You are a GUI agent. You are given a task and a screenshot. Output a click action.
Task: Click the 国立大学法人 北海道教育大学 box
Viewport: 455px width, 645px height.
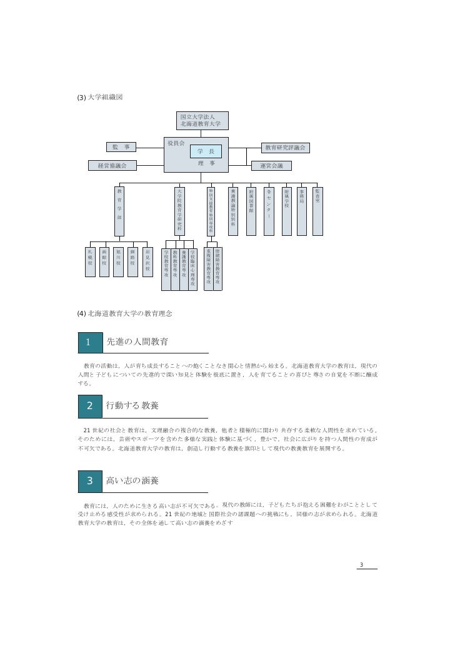(x=202, y=120)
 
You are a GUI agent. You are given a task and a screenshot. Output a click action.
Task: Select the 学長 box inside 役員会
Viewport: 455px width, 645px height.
(x=206, y=151)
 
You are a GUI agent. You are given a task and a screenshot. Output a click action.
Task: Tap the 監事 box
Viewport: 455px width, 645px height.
(x=121, y=147)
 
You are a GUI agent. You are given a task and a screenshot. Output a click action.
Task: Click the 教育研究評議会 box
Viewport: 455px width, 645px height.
(x=285, y=148)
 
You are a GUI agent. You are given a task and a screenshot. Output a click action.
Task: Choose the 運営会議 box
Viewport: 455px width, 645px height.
(x=271, y=166)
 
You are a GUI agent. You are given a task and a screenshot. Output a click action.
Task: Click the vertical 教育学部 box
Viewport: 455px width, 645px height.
(x=119, y=210)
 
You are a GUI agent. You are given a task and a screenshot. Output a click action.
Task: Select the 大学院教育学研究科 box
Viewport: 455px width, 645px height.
(x=180, y=210)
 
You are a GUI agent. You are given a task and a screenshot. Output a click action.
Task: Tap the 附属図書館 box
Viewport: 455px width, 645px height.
(x=251, y=210)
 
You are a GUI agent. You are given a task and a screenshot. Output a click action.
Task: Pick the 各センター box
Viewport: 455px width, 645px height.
(x=269, y=210)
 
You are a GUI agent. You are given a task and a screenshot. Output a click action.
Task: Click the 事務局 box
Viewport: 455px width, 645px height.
(x=302, y=210)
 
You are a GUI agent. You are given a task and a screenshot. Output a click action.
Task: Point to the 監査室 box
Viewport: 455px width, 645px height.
(x=317, y=210)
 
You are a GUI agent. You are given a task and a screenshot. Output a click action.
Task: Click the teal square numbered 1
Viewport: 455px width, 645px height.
(x=89, y=342)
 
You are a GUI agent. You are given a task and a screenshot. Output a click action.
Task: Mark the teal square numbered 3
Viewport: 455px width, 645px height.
(x=89, y=480)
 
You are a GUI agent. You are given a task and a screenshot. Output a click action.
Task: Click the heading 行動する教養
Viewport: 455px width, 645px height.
(x=132, y=405)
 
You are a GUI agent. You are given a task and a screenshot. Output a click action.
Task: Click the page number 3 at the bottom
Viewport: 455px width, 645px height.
(x=361, y=566)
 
